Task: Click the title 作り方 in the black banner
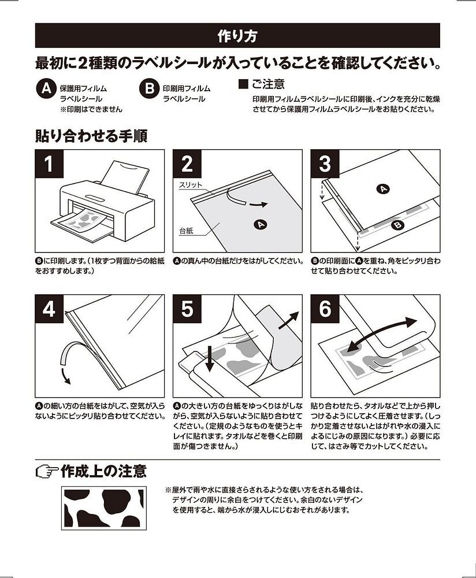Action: coord(237,36)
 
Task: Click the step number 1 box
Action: coord(49,164)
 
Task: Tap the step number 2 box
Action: coord(187,164)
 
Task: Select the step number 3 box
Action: coord(325,164)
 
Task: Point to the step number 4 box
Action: coord(49,309)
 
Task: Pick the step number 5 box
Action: coord(187,309)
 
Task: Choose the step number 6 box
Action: coord(325,309)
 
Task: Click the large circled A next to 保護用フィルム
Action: coord(46,89)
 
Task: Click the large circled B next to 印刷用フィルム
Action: coord(149,89)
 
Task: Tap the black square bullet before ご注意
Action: coord(244,84)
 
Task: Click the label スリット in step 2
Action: coord(191,185)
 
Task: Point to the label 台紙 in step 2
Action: coord(187,231)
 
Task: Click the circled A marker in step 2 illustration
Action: coord(261,224)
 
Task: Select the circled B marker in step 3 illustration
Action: coord(397,224)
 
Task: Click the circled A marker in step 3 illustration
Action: coord(383,189)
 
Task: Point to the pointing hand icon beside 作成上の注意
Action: coord(47,472)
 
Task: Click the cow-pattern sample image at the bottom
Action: coord(104,508)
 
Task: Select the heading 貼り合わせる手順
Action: coord(91,136)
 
